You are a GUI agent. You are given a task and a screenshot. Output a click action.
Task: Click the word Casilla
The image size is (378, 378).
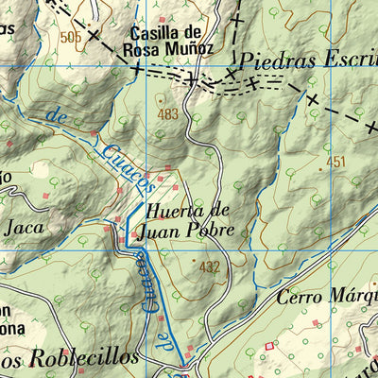(x=147, y=31)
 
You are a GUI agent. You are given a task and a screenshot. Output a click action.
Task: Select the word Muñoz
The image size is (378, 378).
(x=194, y=47)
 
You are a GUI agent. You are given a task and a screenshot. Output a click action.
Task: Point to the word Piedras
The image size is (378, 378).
(x=275, y=59)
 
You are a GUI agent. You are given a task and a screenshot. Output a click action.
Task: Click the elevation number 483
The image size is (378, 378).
(x=168, y=114)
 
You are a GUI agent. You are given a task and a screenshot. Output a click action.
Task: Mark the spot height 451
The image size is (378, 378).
(x=336, y=163)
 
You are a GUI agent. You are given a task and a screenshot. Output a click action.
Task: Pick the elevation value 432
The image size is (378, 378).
(x=209, y=267)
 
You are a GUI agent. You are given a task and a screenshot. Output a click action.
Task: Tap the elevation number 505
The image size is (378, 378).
(x=70, y=37)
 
